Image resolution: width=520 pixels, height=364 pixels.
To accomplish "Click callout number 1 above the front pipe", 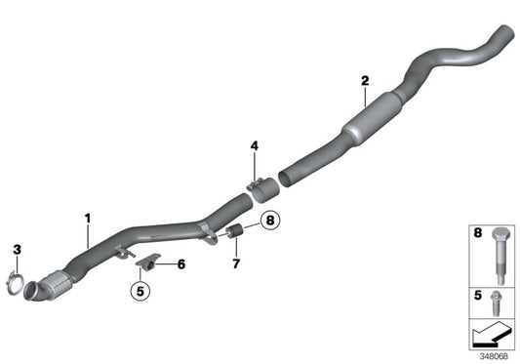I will [x=87, y=216].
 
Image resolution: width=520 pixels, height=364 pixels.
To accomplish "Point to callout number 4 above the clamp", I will [x=255, y=146].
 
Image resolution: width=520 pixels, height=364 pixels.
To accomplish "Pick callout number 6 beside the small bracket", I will [x=180, y=263].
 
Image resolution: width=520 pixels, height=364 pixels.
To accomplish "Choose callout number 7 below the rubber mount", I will [x=235, y=264].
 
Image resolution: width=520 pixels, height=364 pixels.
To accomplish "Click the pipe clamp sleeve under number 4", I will [x=260, y=188].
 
